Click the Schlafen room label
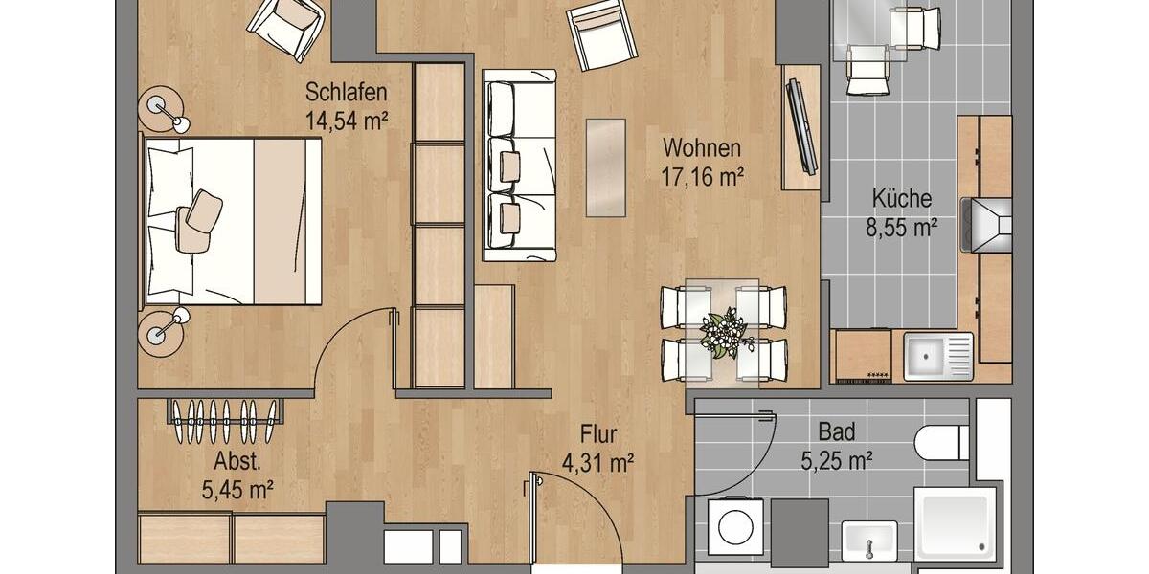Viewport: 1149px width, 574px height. (346, 93)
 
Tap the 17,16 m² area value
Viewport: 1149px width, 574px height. (702, 175)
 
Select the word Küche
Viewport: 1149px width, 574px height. (901, 199)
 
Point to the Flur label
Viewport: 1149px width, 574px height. (597, 435)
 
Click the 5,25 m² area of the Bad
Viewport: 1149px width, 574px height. (836, 460)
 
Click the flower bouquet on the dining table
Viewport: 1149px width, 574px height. (723, 332)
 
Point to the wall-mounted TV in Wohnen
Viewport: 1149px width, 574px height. (800, 127)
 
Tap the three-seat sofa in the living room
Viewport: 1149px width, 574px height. (519, 165)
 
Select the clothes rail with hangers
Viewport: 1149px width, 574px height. (226, 412)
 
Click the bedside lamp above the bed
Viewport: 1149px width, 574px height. (165, 108)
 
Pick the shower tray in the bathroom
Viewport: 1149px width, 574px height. (955, 524)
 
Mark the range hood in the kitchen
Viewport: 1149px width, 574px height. (986, 226)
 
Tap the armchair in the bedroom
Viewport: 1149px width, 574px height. (286, 26)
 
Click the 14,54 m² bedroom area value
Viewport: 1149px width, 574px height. (346, 121)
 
